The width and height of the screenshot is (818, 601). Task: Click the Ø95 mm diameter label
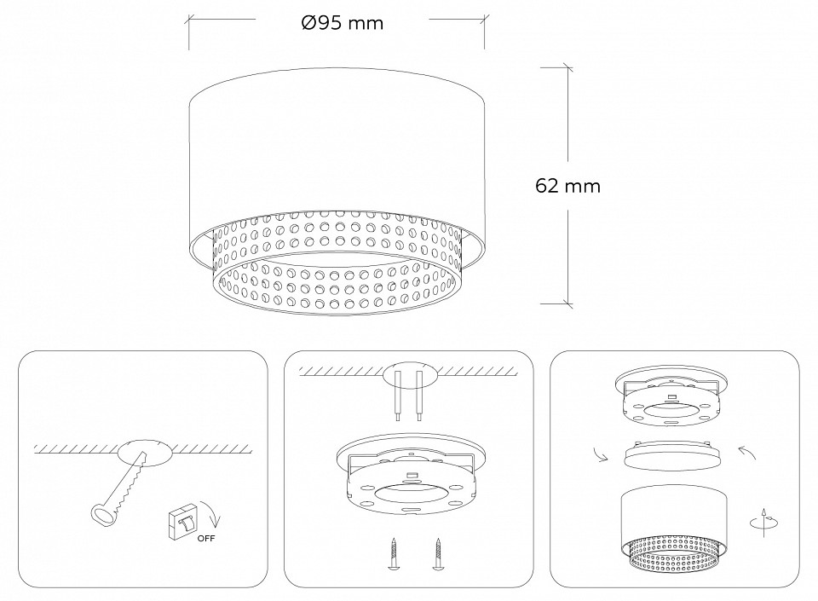point(342,24)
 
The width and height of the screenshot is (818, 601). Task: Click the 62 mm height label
point(568,186)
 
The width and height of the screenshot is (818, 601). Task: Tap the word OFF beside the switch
point(206,539)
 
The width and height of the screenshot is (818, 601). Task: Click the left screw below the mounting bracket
point(395,555)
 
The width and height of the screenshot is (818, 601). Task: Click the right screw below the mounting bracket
point(439,555)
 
